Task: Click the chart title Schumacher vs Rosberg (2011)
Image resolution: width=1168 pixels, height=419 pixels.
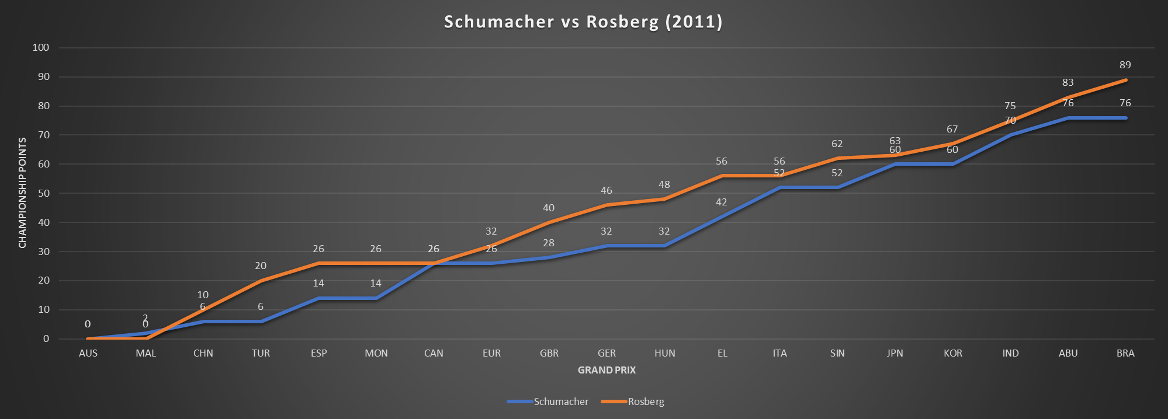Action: pyautogui.click(x=583, y=22)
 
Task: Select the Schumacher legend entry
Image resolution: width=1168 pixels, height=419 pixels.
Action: pyautogui.click(x=560, y=401)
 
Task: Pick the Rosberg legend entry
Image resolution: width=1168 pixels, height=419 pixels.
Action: pyautogui.click(x=646, y=401)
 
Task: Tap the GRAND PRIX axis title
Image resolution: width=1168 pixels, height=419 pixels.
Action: pyautogui.click(x=606, y=370)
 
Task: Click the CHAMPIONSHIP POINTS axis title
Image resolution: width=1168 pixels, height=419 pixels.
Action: pyautogui.click(x=23, y=193)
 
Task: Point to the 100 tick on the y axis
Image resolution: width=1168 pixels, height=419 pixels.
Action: pyautogui.click(x=41, y=48)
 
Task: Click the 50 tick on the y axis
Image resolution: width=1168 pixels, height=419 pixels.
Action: pyautogui.click(x=43, y=193)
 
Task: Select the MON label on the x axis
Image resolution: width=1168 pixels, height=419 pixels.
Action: pyautogui.click(x=376, y=353)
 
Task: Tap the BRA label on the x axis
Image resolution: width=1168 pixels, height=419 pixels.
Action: pyautogui.click(x=1125, y=353)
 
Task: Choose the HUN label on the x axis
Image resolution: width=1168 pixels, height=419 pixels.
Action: pyautogui.click(x=664, y=353)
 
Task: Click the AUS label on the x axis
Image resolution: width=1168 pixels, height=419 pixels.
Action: pyautogui.click(x=88, y=353)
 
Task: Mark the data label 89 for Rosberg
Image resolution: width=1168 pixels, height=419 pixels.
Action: pyautogui.click(x=1125, y=65)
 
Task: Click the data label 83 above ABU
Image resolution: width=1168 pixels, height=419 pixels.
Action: pyautogui.click(x=1068, y=82)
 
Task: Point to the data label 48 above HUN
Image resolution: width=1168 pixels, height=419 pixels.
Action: pyautogui.click(x=664, y=184)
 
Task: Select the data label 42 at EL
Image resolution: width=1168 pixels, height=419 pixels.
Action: pyautogui.click(x=722, y=202)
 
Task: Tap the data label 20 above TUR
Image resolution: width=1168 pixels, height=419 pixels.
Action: pyautogui.click(x=261, y=266)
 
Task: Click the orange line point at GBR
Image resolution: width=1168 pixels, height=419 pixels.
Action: pyautogui.click(x=549, y=222)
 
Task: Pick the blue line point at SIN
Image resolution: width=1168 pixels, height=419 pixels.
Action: pyautogui.click(x=837, y=187)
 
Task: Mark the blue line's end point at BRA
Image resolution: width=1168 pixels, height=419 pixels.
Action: pyautogui.click(x=1125, y=118)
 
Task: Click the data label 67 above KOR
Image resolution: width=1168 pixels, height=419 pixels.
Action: pyautogui.click(x=952, y=129)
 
